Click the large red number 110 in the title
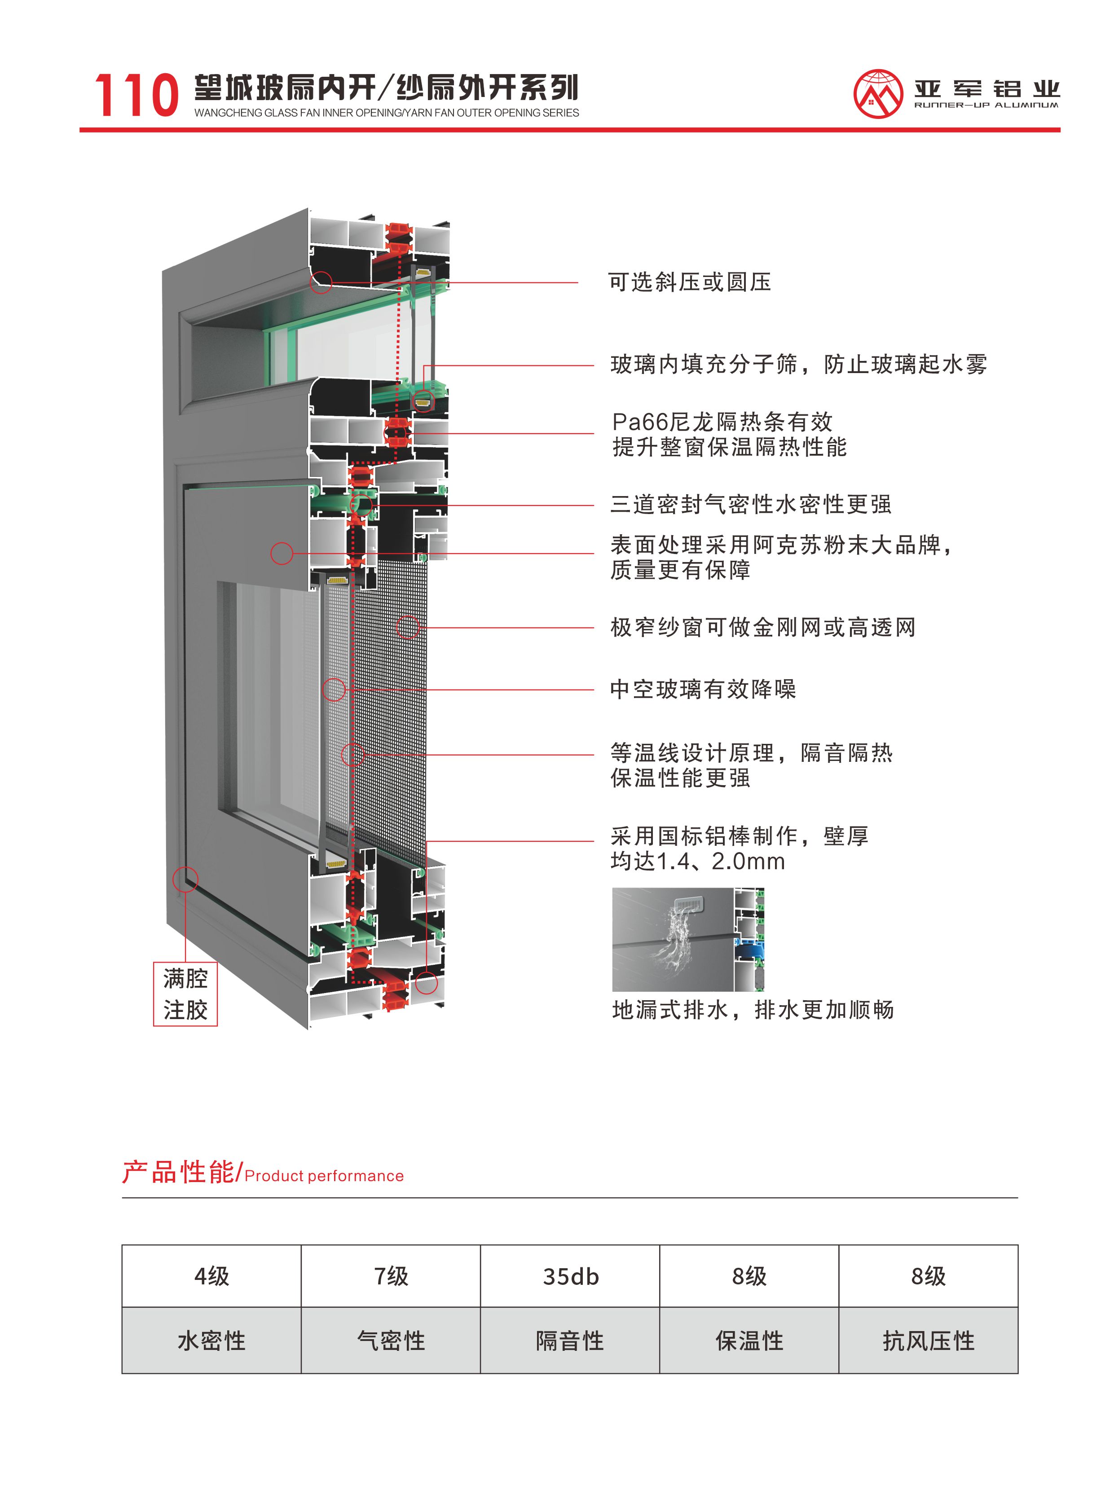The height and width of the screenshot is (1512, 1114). pos(136,95)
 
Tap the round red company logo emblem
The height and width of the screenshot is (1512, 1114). pos(877,94)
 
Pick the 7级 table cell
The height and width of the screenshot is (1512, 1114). pos(391,1276)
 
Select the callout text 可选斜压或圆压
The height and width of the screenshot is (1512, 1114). pos(689,282)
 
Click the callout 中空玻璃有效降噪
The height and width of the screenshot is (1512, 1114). pos(703,689)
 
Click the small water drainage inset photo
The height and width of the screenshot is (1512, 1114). pos(688,939)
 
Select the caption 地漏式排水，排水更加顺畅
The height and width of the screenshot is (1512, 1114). pos(753,1010)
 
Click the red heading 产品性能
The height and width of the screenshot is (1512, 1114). pos(178,1172)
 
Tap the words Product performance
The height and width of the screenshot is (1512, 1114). pos(324,1176)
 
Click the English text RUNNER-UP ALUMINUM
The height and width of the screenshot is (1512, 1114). pos(986,105)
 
